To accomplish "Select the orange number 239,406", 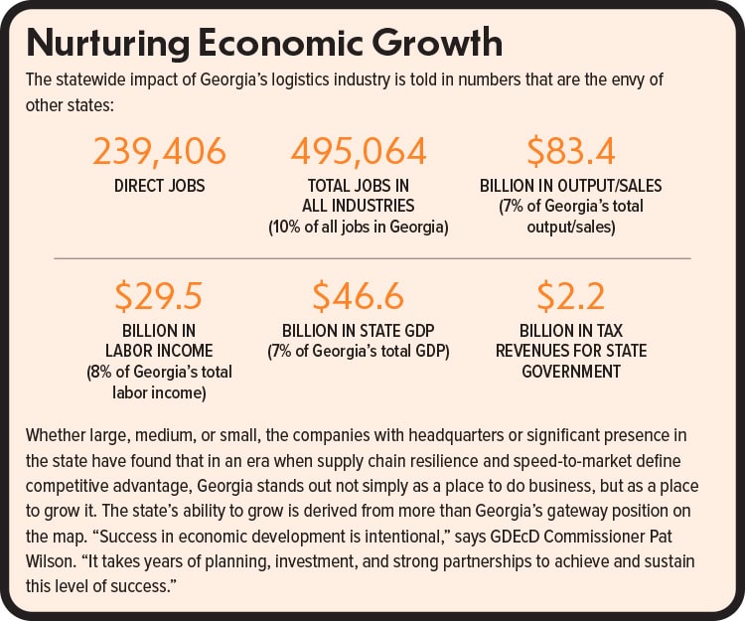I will click(159, 152).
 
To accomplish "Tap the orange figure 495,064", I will click(359, 152).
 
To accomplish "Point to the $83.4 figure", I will click(570, 152).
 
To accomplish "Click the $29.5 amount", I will click(159, 297).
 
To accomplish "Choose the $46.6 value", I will click(359, 297).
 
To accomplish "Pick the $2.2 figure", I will click(570, 297).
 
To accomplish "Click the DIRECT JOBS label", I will click(159, 186).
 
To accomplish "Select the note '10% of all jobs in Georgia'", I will click(359, 228).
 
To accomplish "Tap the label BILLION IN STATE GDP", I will click(359, 330).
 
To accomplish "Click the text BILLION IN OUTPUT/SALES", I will click(570, 186).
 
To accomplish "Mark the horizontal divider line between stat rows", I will click(372, 258).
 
